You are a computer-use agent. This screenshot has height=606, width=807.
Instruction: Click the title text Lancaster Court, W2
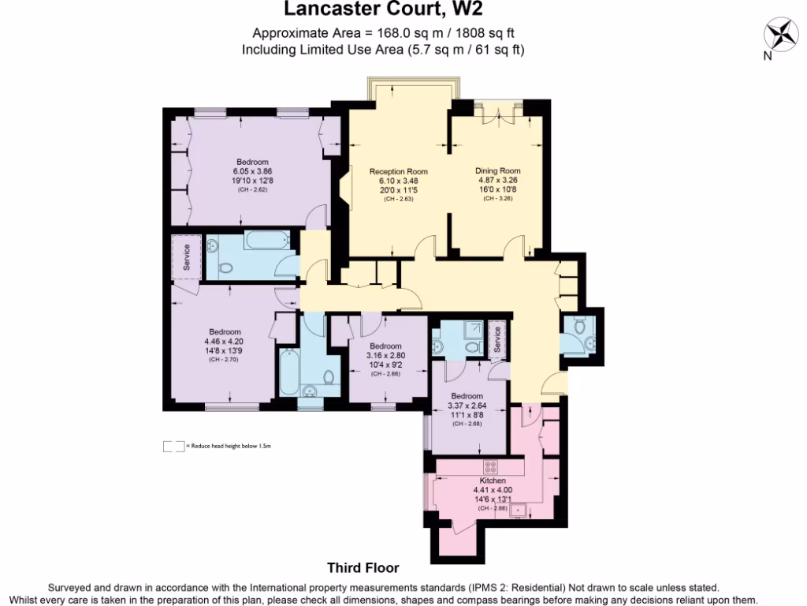[x=383, y=10]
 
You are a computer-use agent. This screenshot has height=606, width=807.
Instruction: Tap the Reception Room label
[x=399, y=171]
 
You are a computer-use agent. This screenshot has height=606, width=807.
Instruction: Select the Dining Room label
[x=497, y=170]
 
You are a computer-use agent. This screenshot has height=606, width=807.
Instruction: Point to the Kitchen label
[x=493, y=481]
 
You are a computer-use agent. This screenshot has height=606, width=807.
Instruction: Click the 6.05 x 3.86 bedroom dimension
[x=252, y=171]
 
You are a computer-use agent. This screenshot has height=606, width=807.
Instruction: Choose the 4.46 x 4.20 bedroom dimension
[x=225, y=342]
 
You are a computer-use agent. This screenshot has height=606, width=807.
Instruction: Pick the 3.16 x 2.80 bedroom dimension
[x=385, y=356]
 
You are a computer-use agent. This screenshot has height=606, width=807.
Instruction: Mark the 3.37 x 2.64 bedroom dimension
[x=467, y=406]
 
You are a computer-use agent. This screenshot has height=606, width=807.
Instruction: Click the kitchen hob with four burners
[x=490, y=466]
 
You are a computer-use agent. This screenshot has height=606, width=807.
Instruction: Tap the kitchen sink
[x=518, y=511]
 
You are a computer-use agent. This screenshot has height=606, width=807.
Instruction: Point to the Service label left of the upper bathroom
[x=187, y=256]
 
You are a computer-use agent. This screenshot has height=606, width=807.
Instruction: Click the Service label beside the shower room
[x=496, y=339]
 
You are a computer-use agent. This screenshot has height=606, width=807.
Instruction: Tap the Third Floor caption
[x=363, y=567]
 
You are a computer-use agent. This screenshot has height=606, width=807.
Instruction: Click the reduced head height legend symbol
[x=173, y=447]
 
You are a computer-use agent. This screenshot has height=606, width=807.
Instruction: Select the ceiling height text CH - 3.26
[x=497, y=198]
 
